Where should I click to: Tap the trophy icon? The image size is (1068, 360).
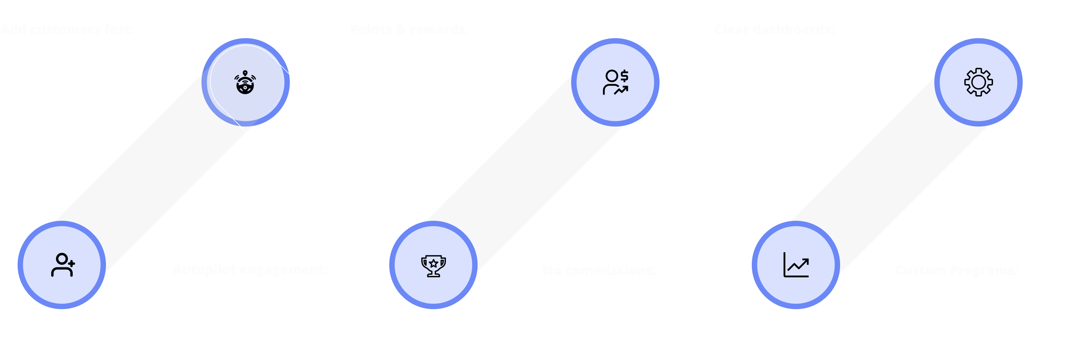pos(433,265)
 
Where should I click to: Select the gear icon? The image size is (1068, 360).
pos(978,82)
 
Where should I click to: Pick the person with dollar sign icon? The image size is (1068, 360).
pos(615,82)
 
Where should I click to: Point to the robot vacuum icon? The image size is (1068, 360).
pos(245,82)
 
